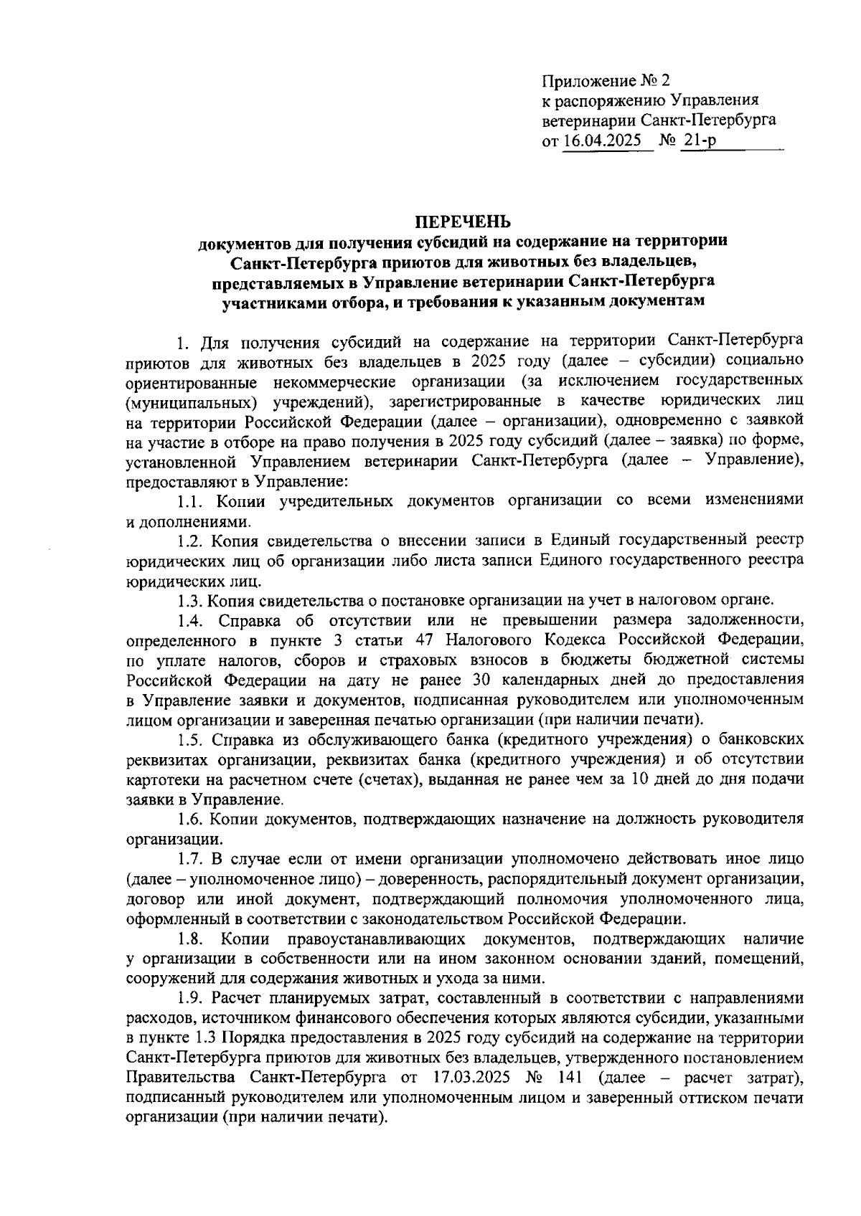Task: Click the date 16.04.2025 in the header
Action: (602, 142)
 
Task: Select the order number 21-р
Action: (700, 142)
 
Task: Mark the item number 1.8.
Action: (192, 939)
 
